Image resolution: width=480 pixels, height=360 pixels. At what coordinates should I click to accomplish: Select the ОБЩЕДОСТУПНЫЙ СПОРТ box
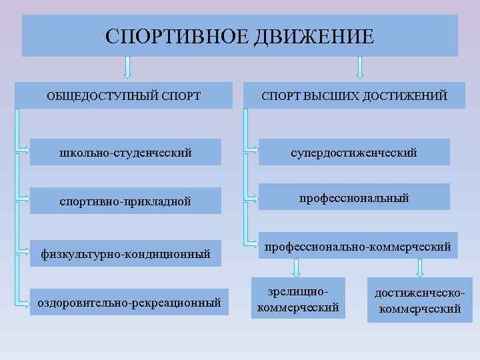(x=123, y=96)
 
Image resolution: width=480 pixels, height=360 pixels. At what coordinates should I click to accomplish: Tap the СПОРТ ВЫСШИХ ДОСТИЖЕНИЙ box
(x=354, y=96)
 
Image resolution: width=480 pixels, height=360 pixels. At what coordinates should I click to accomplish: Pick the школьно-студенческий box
(x=126, y=153)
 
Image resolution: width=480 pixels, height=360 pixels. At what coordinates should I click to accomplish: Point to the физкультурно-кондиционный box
(x=126, y=253)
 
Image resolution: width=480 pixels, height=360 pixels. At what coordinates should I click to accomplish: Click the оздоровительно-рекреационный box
(x=129, y=303)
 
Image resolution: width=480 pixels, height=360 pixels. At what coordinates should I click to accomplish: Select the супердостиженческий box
(x=354, y=153)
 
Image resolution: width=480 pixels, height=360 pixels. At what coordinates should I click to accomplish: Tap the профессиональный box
(x=354, y=198)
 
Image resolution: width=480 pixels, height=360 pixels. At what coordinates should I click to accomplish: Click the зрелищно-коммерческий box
(x=298, y=299)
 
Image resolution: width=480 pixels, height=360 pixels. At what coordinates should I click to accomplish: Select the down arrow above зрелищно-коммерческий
(x=298, y=267)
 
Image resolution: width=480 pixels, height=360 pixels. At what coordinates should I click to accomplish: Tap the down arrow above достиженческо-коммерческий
(x=419, y=267)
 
